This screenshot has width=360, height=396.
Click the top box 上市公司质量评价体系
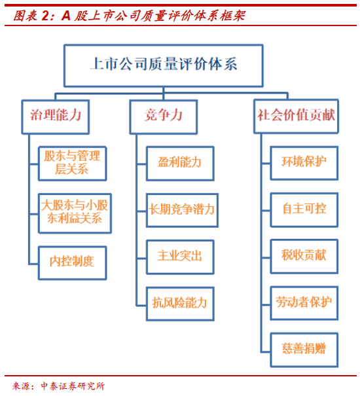[164, 65]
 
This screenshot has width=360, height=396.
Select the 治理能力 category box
[56, 117]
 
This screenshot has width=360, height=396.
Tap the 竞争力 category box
[164, 117]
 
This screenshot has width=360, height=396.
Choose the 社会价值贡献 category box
[296, 116]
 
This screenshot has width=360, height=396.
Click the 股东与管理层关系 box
[72, 164]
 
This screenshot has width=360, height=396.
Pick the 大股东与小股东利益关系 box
[75, 213]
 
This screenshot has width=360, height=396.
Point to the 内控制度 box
[72, 262]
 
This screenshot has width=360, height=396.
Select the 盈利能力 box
[180, 164]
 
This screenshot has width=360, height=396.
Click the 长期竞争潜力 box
[182, 210]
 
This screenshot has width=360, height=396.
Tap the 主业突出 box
[180, 257]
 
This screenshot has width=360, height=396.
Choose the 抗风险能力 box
[180, 304]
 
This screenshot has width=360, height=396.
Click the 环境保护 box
[304, 163]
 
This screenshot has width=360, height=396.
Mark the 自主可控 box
[304, 209]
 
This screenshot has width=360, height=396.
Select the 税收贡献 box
[304, 257]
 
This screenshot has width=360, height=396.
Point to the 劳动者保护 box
[304, 303]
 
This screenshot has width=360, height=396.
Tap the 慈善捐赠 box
[304, 350]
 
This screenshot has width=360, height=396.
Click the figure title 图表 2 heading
[130, 16]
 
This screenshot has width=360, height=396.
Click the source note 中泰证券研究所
[73, 386]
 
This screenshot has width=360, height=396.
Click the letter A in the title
[66, 16]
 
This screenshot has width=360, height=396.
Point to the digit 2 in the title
[45, 16]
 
